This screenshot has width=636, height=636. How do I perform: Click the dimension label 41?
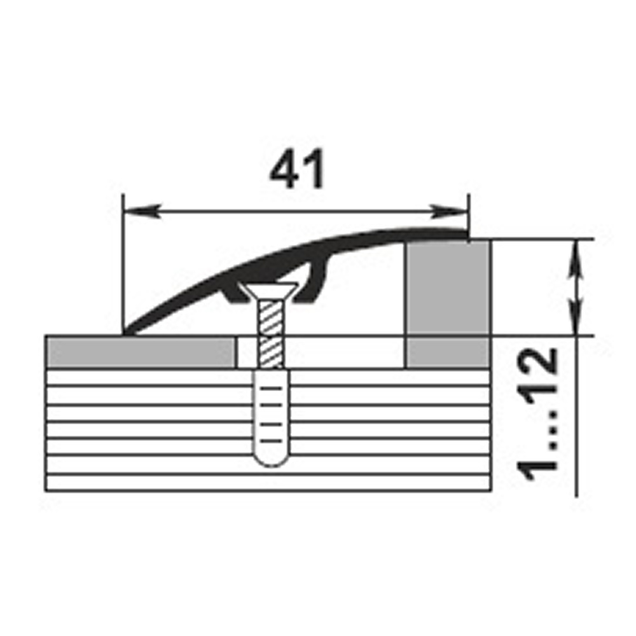point(297,169)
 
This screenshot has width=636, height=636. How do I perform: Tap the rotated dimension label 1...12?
point(537,414)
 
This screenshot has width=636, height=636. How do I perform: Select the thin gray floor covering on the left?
point(141,352)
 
